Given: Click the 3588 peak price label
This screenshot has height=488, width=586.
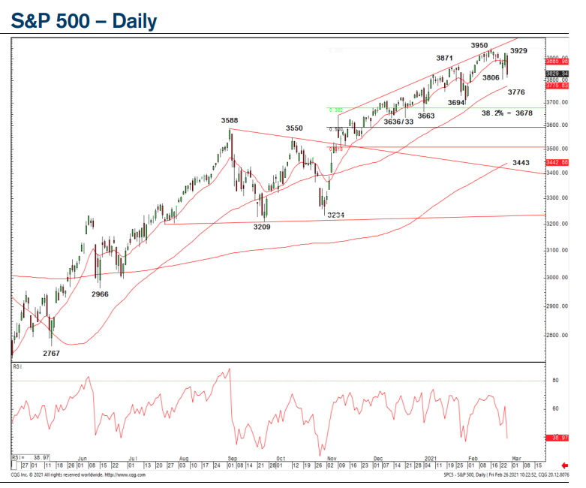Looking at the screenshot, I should click(230, 120).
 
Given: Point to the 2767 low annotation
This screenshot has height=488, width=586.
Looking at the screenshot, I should click(52, 352).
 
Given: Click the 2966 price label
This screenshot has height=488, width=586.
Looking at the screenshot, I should click(100, 294).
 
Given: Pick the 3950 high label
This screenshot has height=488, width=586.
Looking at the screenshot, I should click(480, 46).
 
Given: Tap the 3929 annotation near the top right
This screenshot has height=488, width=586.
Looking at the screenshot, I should click(518, 51).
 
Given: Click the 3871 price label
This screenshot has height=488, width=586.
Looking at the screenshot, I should click(445, 58).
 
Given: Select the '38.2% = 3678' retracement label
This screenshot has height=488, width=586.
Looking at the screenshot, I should click(506, 113).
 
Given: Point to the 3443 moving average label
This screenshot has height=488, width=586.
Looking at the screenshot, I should click(521, 162).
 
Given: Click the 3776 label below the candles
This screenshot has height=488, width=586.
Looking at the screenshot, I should click(516, 92).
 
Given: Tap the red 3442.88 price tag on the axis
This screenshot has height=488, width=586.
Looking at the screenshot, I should click(557, 162).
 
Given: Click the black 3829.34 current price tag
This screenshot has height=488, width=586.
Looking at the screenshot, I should click(557, 73).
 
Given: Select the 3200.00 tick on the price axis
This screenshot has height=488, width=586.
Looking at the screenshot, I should click(556, 224).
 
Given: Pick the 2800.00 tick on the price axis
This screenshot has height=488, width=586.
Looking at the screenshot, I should click(556, 335).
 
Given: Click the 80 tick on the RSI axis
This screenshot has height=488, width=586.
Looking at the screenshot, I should click(554, 381).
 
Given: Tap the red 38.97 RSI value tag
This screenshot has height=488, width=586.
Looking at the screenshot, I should click(557, 437).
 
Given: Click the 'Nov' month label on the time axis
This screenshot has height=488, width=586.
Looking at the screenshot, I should click(332, 456).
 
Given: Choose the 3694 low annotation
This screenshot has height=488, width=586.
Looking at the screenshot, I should click(457, 103).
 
